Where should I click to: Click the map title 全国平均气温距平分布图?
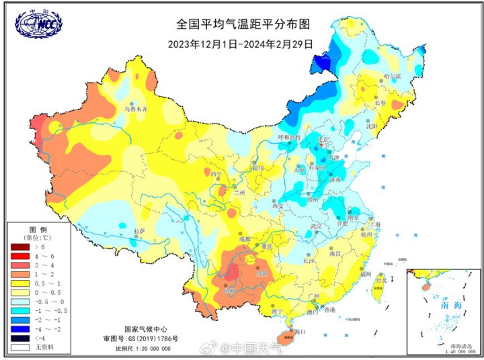coord(243,24)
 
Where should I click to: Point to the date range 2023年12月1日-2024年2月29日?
coord(241,44)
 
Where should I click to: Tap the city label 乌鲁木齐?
coord(134,108)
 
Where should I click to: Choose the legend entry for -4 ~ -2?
coord(19,329)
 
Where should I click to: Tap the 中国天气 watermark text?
coord(258,347)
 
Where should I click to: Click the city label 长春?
coord(380,103)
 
